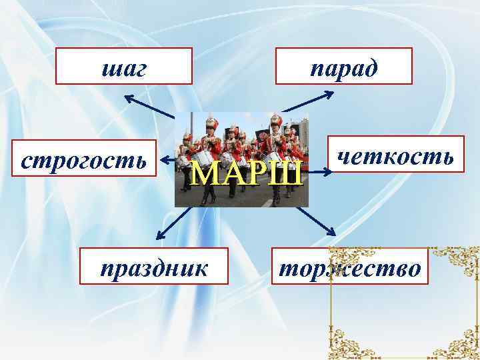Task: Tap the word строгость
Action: click(x=84, y=160)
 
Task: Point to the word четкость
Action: click(x=396, y=157)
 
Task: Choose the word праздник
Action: click(x=154, y=267)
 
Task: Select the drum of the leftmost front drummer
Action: click(x=204, y=159)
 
